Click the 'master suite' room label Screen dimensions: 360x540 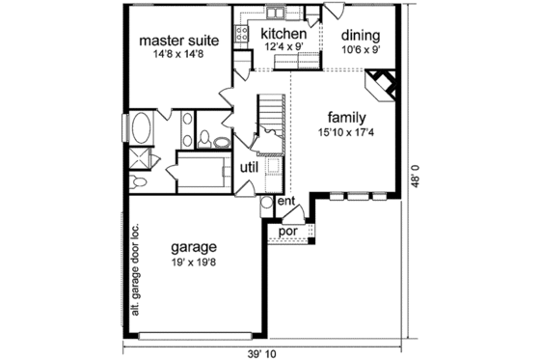click(178, 42)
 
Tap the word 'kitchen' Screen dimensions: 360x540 click(284, 35)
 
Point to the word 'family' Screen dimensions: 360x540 click(346, 114)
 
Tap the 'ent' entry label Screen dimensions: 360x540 click(286, 202)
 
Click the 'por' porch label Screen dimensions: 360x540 click(286, 232)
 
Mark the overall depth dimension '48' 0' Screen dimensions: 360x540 click(417, 179)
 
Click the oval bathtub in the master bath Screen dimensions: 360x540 click(141, 128)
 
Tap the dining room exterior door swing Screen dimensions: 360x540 click(333, 13)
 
